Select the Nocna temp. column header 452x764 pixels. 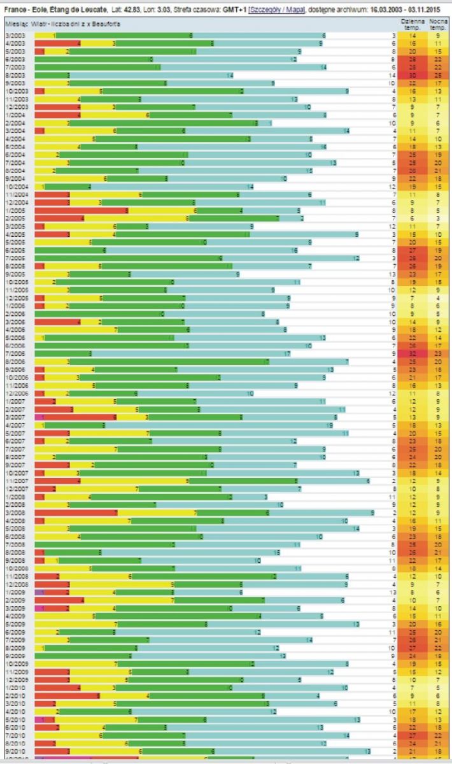pos(438,24)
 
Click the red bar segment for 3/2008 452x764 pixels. pos(76,512)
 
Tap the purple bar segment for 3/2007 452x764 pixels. pos(39,416)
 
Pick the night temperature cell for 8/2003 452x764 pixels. pos(438,75)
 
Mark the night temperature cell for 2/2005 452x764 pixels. pos(438,218)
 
